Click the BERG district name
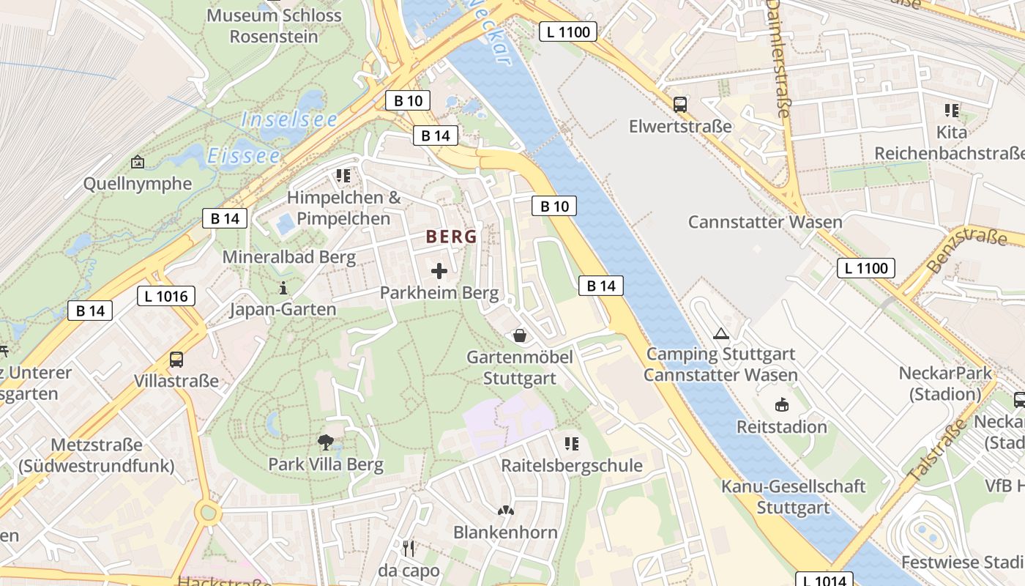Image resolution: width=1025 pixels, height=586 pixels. [x=451, y=237]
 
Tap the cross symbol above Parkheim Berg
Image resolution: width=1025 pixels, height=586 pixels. [x=439, y=272]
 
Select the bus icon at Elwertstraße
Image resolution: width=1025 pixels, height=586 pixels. [x=680, y=105]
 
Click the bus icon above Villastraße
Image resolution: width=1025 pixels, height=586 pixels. [x=176, y=360]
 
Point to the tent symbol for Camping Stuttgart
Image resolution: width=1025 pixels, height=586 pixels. [x=721, y=334]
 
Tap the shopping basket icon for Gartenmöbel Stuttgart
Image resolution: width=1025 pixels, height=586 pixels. [x=520, y=335]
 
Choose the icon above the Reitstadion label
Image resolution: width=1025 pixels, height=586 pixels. [x=782, y=404]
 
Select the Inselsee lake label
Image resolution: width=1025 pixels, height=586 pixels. [x=289, y=119]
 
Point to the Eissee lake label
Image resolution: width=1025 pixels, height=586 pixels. [x=244, y=156]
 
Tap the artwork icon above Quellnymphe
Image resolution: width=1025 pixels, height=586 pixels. [x=137, y=162]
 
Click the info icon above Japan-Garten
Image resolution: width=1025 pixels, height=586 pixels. [x=283, y=288]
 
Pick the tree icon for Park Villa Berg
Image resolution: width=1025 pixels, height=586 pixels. [x=326, y=442]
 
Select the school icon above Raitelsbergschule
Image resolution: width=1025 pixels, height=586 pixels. [x=572, y=443]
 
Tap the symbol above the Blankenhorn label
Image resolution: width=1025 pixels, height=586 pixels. [x=505, y=510]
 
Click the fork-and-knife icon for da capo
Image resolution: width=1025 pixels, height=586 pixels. [x=409, y=548]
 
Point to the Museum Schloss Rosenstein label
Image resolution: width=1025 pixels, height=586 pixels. [x=274, y=26]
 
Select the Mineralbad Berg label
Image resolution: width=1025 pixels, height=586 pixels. [x=289, y=257]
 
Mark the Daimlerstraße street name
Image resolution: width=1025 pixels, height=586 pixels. [x=778, y=59]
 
